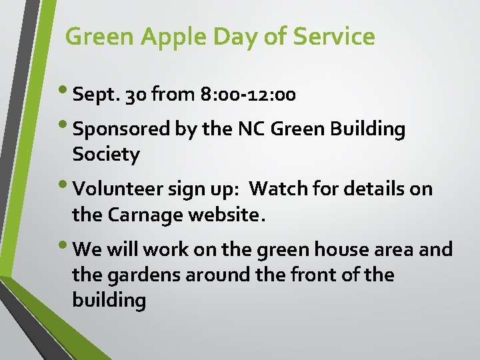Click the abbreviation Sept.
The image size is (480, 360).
tap(99, 95)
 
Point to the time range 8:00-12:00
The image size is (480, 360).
tap(247, 95)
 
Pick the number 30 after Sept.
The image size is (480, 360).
tap(137, 95)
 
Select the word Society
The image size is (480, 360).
tap(106, 155)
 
